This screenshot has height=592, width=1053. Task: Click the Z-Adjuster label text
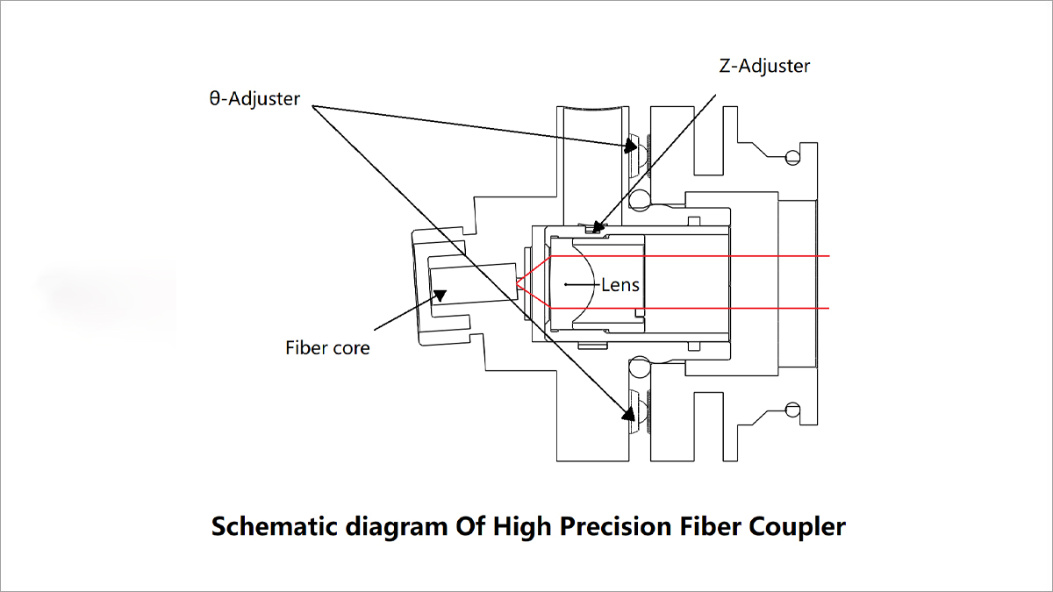763,66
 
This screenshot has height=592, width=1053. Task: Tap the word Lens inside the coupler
620,284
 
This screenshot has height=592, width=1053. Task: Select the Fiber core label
327,347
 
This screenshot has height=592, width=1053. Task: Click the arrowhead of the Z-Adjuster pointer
597,229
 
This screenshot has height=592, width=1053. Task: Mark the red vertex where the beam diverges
519,283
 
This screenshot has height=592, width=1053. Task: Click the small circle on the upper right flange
793,158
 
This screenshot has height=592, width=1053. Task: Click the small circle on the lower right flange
793,409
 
